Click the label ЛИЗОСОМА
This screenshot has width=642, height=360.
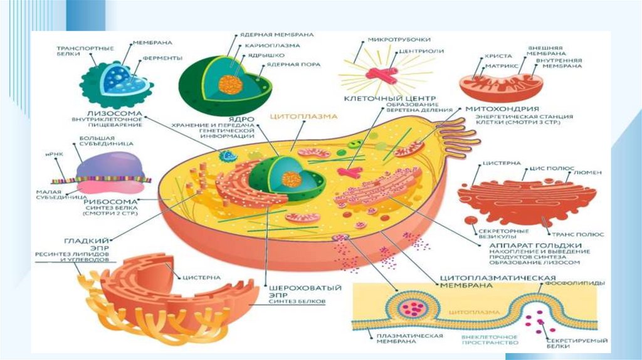tap(80, 114)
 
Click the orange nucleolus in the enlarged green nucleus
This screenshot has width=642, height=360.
tap(231, 84)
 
